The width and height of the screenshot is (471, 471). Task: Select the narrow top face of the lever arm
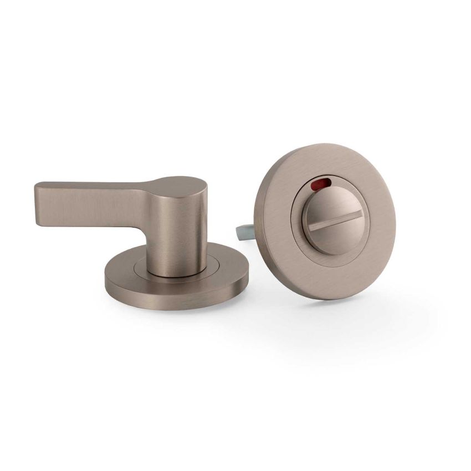(x=89, y=185)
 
